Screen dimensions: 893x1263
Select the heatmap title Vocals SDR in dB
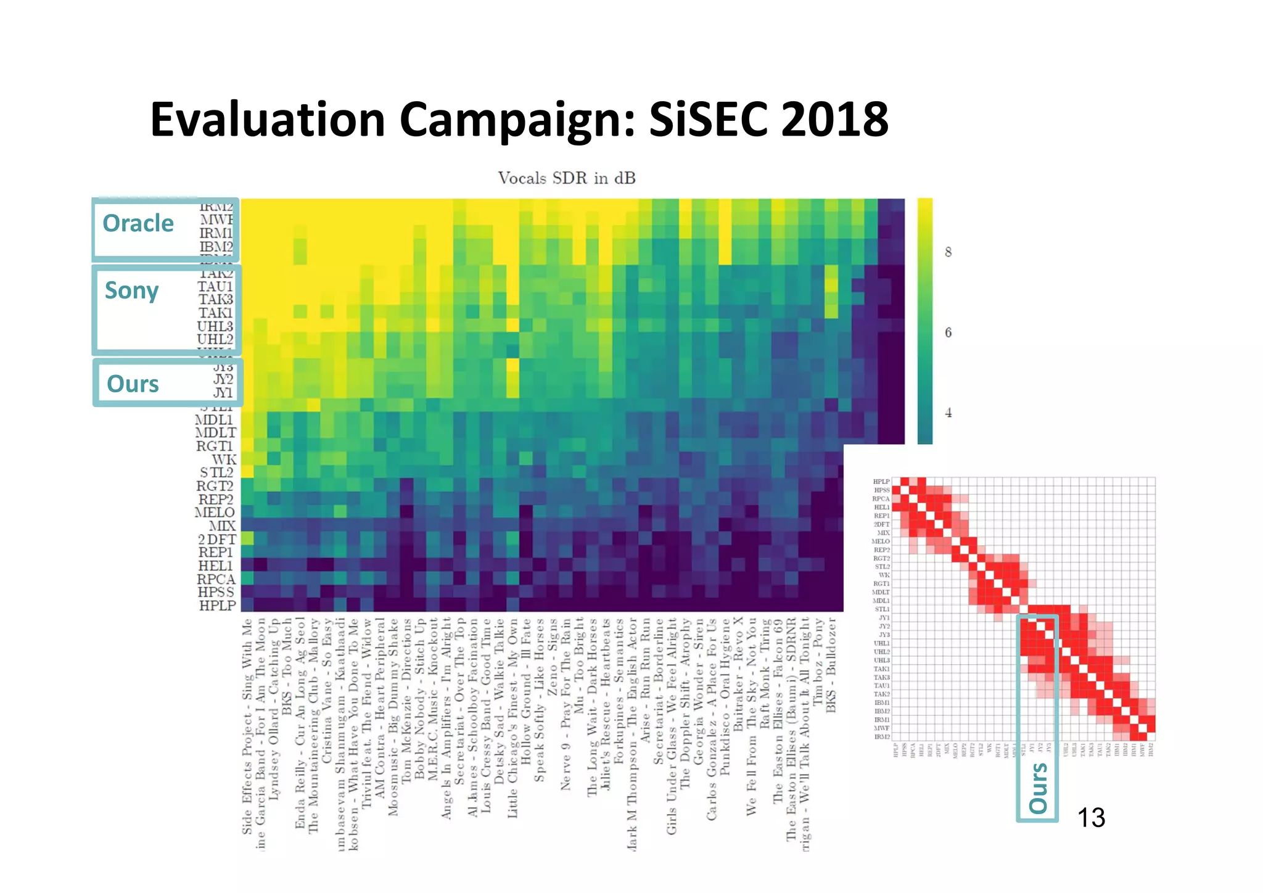coord(566,178)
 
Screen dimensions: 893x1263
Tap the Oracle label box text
coord(138,223)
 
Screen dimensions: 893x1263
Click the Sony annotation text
coord(131,290)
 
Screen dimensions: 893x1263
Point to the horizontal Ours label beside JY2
coord(133,384)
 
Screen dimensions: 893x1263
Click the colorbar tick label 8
coord(948,252)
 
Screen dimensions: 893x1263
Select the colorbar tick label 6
coord(948,332)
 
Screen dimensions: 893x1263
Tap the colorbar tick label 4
coord(948,413)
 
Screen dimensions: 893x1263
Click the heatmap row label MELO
coord(215,512)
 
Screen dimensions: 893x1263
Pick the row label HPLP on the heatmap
coord(217,606)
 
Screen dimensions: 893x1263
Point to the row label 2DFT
coord(216,539)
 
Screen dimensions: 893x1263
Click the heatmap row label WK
coord(224,459)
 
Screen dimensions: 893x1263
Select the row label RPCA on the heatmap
coord(216,579)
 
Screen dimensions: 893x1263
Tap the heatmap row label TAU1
coord(215,286)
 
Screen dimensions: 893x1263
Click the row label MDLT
coord(215,433)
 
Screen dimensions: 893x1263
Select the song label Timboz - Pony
coord(818,663)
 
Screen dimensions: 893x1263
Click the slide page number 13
coord(1091,818)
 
